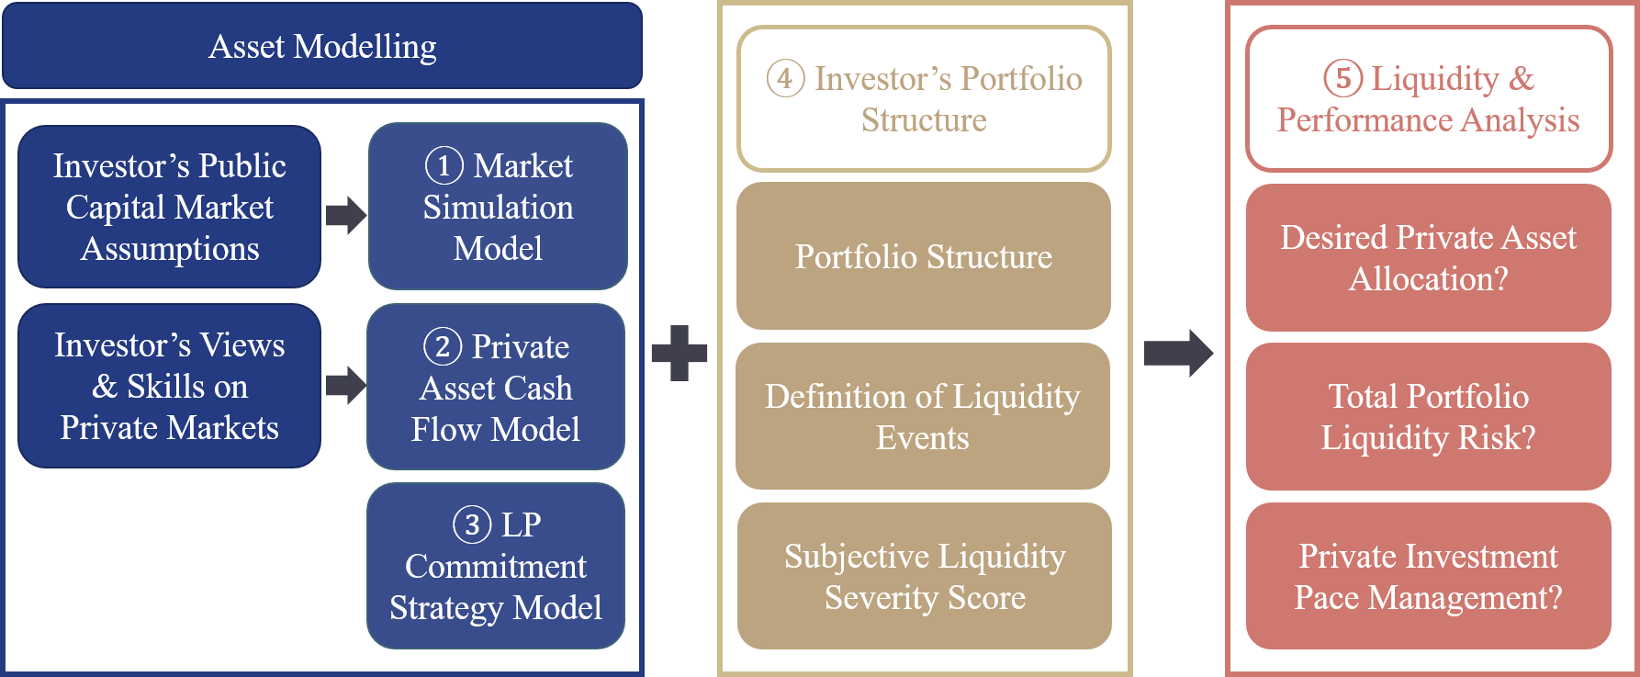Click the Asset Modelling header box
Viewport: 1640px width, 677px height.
[322, 46]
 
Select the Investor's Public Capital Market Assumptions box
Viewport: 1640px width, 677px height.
[170, 207]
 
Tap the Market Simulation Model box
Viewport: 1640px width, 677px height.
[498, 207]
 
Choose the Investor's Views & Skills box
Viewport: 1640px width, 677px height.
[170, 386]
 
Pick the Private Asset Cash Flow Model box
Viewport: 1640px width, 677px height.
[496, 387]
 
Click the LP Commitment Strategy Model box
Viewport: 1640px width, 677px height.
[496, 566]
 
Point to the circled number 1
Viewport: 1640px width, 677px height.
[444, 166]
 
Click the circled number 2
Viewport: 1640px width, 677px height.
[442, 346]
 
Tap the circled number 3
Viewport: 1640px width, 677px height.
[472, 525]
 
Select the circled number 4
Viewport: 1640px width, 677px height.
[785, 78]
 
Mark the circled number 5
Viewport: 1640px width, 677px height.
[1342, 78]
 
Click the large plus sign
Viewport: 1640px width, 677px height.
[680, 353]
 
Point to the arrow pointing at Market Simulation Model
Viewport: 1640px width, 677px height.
[346, 215]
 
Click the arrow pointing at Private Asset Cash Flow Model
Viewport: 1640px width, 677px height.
[346, 385]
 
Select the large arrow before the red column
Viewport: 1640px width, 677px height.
[1179, 353]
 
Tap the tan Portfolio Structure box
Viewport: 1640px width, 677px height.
[924, 255]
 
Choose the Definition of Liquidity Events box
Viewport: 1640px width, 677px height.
[923, 416]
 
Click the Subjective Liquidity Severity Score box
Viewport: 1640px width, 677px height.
[925, 576]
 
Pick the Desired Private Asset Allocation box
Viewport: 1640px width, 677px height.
[1429, 257]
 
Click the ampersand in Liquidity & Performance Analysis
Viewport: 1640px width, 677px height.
[1522, 79]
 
